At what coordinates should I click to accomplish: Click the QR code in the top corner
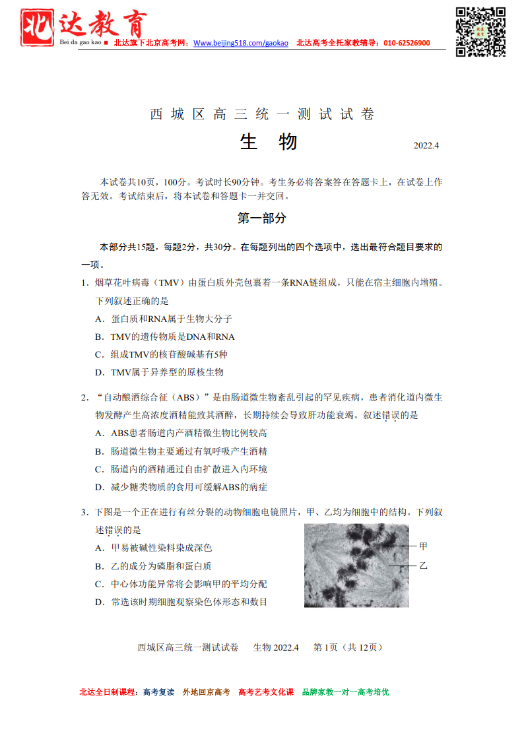480,31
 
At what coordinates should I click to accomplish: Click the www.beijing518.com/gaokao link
241,43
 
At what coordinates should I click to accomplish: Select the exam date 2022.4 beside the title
426,145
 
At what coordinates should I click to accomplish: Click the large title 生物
268,142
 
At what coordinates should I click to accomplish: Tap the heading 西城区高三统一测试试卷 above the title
262,114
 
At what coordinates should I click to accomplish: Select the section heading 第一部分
262,218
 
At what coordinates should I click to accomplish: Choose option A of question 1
163,319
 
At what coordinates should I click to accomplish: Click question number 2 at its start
85,397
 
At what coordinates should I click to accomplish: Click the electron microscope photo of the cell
356,565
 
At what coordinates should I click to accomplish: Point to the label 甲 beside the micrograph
423,546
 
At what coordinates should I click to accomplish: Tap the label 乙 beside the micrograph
423,565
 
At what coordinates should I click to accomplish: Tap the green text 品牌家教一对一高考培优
345,692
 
